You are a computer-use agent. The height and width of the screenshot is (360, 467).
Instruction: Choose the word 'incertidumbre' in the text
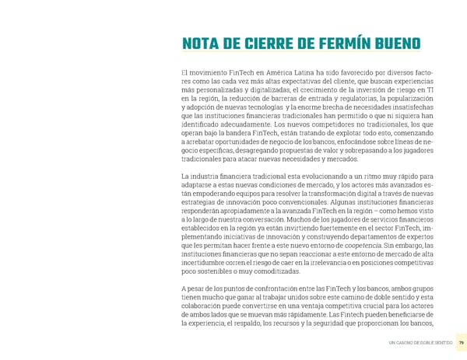[x=205, y=265]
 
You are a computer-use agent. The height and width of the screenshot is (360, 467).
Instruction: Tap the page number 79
[x=460, y=342]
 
